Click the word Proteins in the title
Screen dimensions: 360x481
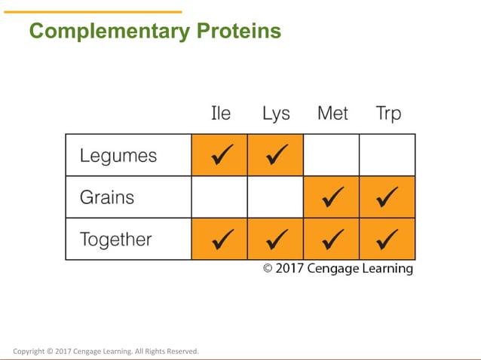tap(239, 32)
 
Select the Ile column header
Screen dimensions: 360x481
tap(220, 114)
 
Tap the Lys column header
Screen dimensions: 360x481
tap(276, 114)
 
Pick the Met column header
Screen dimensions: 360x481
tap(332, 114)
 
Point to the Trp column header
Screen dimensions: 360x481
tap(388, 114)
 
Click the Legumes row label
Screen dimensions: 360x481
tap(118, 156)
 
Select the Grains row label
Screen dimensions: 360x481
tap(107, 197)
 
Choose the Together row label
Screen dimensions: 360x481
tap(116, 239)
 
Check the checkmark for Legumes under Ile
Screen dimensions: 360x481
tap(220, 155)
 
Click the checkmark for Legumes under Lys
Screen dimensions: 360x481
tap(276, 155)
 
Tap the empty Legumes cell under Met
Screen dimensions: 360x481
tap(332, 155)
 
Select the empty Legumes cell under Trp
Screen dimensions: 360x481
tap(388, 155)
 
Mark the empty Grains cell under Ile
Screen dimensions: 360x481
tap(219, 197)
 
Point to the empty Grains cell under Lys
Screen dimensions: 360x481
tap(275, 197)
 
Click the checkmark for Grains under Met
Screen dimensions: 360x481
tap(332, 197)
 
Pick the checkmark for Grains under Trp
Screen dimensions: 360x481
tap(388, 197)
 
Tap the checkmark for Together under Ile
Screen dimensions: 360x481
tap(220, 239)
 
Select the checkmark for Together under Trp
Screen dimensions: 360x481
tap(388, 239)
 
